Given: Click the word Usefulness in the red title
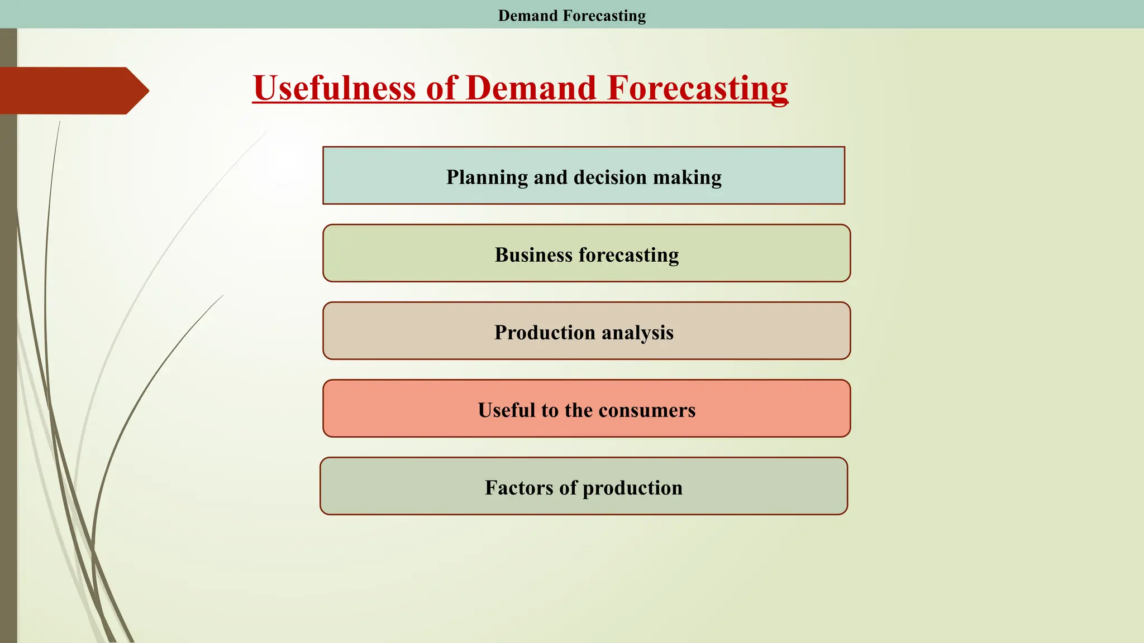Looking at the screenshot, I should tap(334, 88).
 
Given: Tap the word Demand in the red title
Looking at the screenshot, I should tap(531, 88).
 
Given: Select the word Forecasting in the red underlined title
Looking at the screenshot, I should tap(697, 88).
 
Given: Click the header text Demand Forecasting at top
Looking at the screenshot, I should tap(571, 16).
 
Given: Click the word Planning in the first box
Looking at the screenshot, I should tap(487, 177).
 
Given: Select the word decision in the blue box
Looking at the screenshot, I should tap(610, 177).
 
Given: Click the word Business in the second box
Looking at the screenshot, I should tap(533, 255).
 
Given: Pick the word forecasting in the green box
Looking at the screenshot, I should tap(629, 255).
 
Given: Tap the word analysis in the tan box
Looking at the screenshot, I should tap(638, 333).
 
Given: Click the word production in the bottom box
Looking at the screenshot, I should tap(632, 488).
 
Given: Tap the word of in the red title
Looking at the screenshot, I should tap(441, 88).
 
